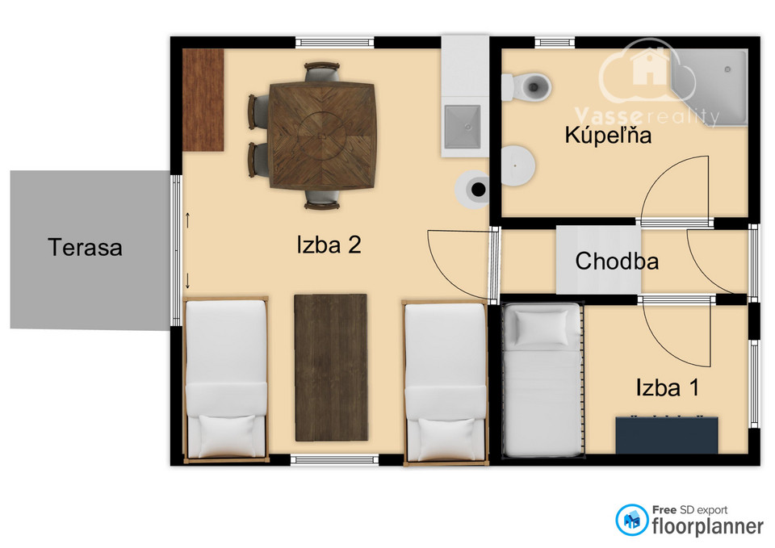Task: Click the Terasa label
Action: [x=85, y=247]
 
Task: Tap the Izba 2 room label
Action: [x=329, y=245]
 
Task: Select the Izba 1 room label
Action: [x=668, y=387]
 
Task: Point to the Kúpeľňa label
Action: [x=608, y=135]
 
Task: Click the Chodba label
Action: [x=617, y=261]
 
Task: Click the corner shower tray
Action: [x=710, y=87]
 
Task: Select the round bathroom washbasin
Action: [x=517, y=165]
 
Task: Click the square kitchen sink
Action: [x=463, y=127]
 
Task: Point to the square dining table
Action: [x=323, y=136]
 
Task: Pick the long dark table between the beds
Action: [x=331, y=368]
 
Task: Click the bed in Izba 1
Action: [x=542, y=379]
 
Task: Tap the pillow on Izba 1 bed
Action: [x=542, y=327]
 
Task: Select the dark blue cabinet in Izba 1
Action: [x=667, y=435]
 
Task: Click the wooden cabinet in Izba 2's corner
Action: [x=203, y=100]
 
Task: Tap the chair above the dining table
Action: [x=322, y=72]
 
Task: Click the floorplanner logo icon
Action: [x=631, y=520]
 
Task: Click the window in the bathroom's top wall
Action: [x=555, y=43]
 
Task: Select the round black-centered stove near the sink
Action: [x=473, y=189]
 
